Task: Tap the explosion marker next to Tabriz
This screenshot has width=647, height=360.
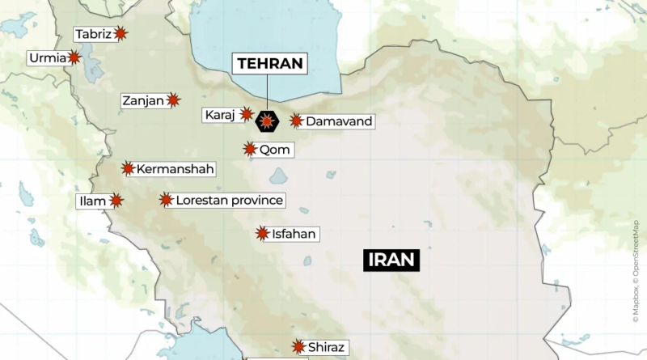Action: pyautogui.click(x=121, y=34)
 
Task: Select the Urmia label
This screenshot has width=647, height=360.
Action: pyautogui.click(x=46, y=58)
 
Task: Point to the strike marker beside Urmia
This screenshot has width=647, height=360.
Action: pyautogui.click(x=74, y=58)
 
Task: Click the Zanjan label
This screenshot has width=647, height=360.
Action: pyautogui.click(x=142, y=101)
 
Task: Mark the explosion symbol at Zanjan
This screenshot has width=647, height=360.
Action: pyautogui.click(x=173, y=101)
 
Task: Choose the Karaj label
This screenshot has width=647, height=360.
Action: pyautogui.click(x=219, y=115)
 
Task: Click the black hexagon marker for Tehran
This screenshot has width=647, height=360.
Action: pyautogui.click(x=266, y=121)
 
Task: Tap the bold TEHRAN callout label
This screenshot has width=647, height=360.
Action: pyautogui.click(x=269, y=63)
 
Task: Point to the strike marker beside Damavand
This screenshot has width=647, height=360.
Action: pyautogui.click(x=296, y=121)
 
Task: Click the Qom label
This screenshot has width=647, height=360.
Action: pyautogui.click(x=275, y=150)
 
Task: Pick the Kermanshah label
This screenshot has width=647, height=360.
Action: pyautogui.click(x=175, y=169)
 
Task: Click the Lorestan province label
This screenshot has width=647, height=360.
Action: pyautogui.click(x=230, y=200)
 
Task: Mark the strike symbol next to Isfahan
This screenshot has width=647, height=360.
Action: pyautogui.click(x=262, y=234)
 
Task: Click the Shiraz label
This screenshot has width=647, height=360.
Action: pyautogui.click(x=327, y=348)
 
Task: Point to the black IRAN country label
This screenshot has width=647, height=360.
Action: pyautogui.click(x=391, y=260)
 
